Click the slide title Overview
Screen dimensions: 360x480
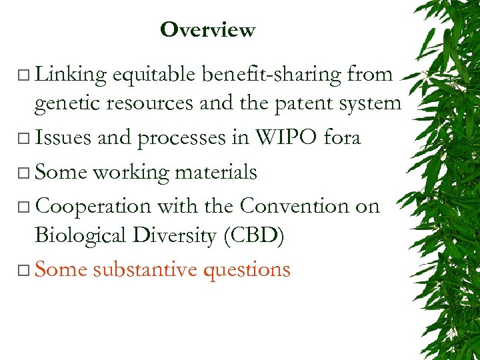click(207, 30)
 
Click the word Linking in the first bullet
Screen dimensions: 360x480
click(71, 75)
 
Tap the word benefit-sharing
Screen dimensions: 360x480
click(271, 75)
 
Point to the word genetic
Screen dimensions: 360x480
click(63, 103)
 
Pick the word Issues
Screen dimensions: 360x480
click(63, 137)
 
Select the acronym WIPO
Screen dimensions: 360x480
click(279, 137)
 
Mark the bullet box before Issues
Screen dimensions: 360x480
click(25, 139)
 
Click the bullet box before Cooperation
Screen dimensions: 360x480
click(25, 207)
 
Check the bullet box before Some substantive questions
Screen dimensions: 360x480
click(25, 271)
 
